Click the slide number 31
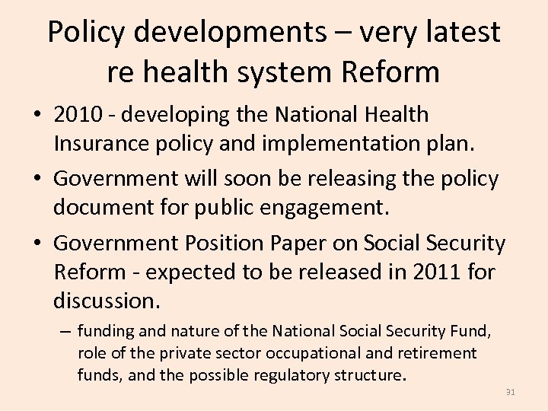(510, 392)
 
